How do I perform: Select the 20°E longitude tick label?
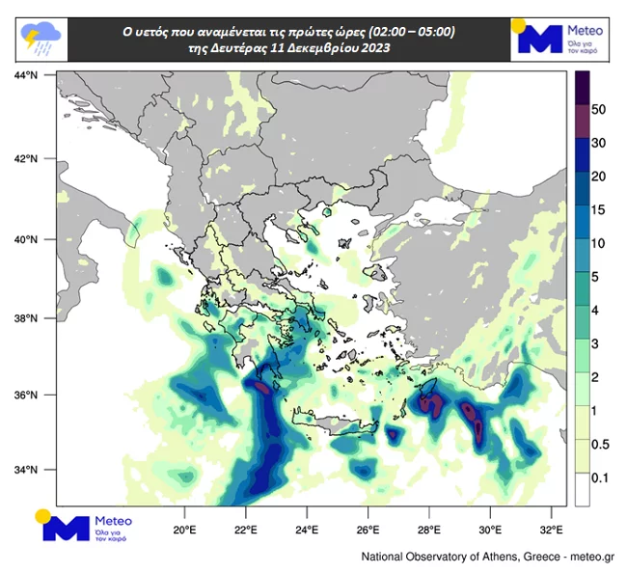[184, 530]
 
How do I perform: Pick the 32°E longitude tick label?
[551, 530]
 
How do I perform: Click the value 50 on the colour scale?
[598, 110]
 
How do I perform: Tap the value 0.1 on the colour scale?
[598, 477]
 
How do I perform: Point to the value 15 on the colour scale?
[598, 209]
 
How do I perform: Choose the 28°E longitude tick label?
[429, 530]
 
